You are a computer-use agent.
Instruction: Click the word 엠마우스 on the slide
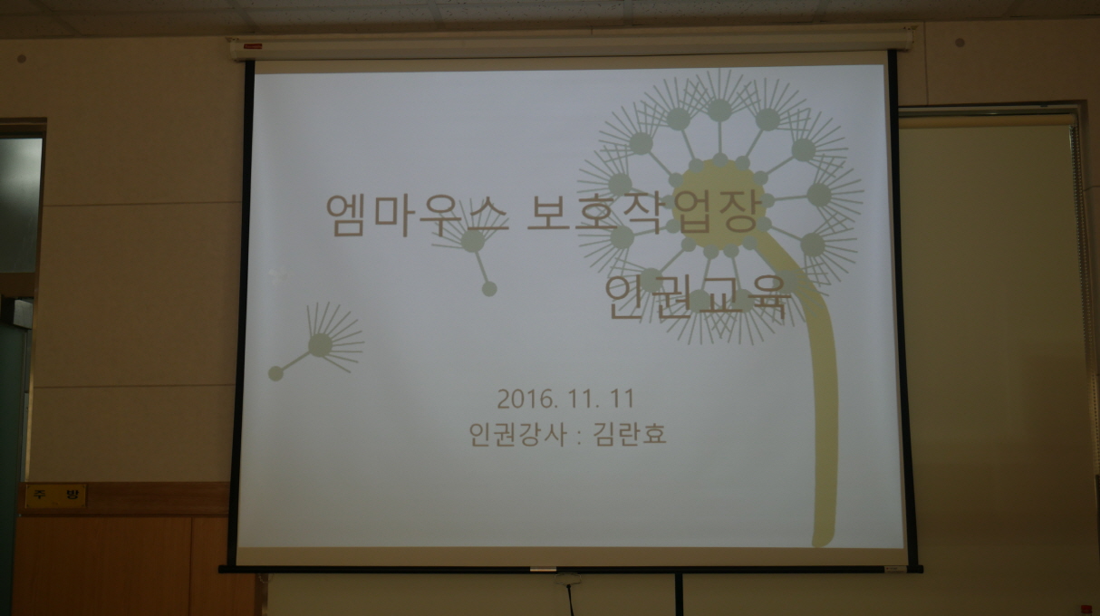click(418, 215)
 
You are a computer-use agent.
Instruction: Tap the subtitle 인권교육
click(698, 298)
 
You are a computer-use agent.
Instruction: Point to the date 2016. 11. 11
click(565, 399)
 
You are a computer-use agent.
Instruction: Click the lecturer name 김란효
click(630, 434)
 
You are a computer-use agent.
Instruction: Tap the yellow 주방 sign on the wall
click(55, 496)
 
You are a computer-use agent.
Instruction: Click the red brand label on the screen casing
click(253, 46)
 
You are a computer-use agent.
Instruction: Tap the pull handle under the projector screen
click(543, 570)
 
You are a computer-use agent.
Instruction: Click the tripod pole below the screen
click(679, 594)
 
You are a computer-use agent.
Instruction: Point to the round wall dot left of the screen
click(21, 59)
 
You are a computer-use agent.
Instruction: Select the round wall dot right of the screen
click(960, 43)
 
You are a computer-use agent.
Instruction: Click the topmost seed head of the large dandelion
click(719, 110)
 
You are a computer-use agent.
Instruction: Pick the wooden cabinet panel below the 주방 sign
click(103, 564)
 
